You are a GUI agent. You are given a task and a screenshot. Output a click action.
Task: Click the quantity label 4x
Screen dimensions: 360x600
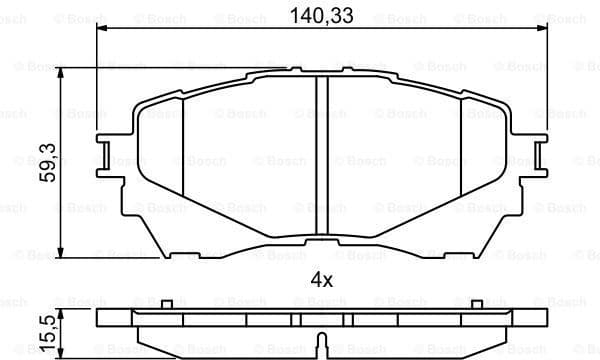[x=320, y=279]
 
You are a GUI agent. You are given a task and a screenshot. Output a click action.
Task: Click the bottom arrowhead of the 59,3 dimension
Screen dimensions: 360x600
[x=63, y=251]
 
